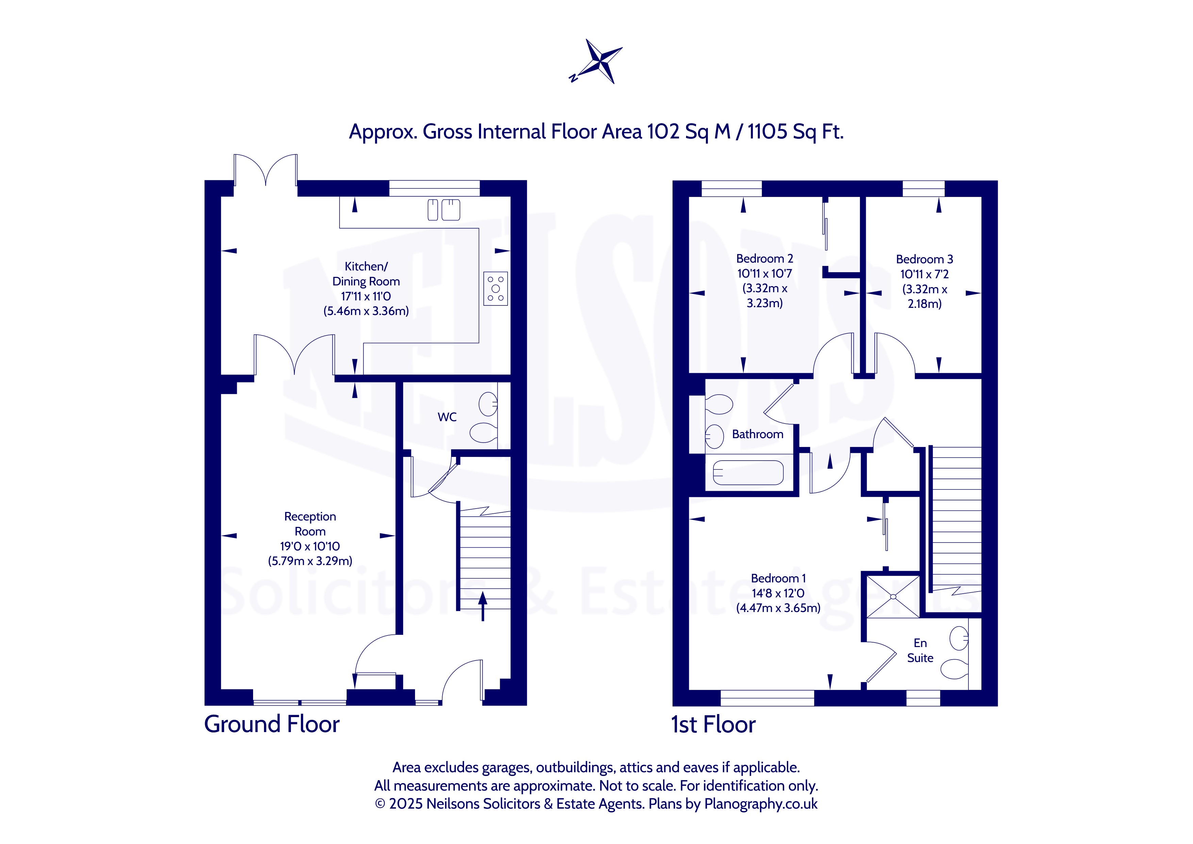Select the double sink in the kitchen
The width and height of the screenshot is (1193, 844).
[x=444, y=210]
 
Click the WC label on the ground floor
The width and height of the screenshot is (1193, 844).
[x=447, y=417]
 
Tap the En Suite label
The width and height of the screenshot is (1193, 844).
[x=920, y=651]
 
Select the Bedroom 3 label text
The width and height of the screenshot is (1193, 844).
[x=924, y=259]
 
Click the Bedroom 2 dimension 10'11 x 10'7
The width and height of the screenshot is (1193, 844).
[x=764, y=274]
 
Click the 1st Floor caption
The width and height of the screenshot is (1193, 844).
[x=713, y=725]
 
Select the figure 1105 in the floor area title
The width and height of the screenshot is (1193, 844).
[x=767, y=132]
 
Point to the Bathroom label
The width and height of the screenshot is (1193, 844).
[x=758, y=434]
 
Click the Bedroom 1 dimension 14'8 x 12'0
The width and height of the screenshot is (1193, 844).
[x=778, y=593]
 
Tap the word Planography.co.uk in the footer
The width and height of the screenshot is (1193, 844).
[x=761, y=804]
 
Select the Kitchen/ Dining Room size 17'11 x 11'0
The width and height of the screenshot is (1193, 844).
[x=366, y=296]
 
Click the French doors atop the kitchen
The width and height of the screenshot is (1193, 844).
[x=266, y=170]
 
